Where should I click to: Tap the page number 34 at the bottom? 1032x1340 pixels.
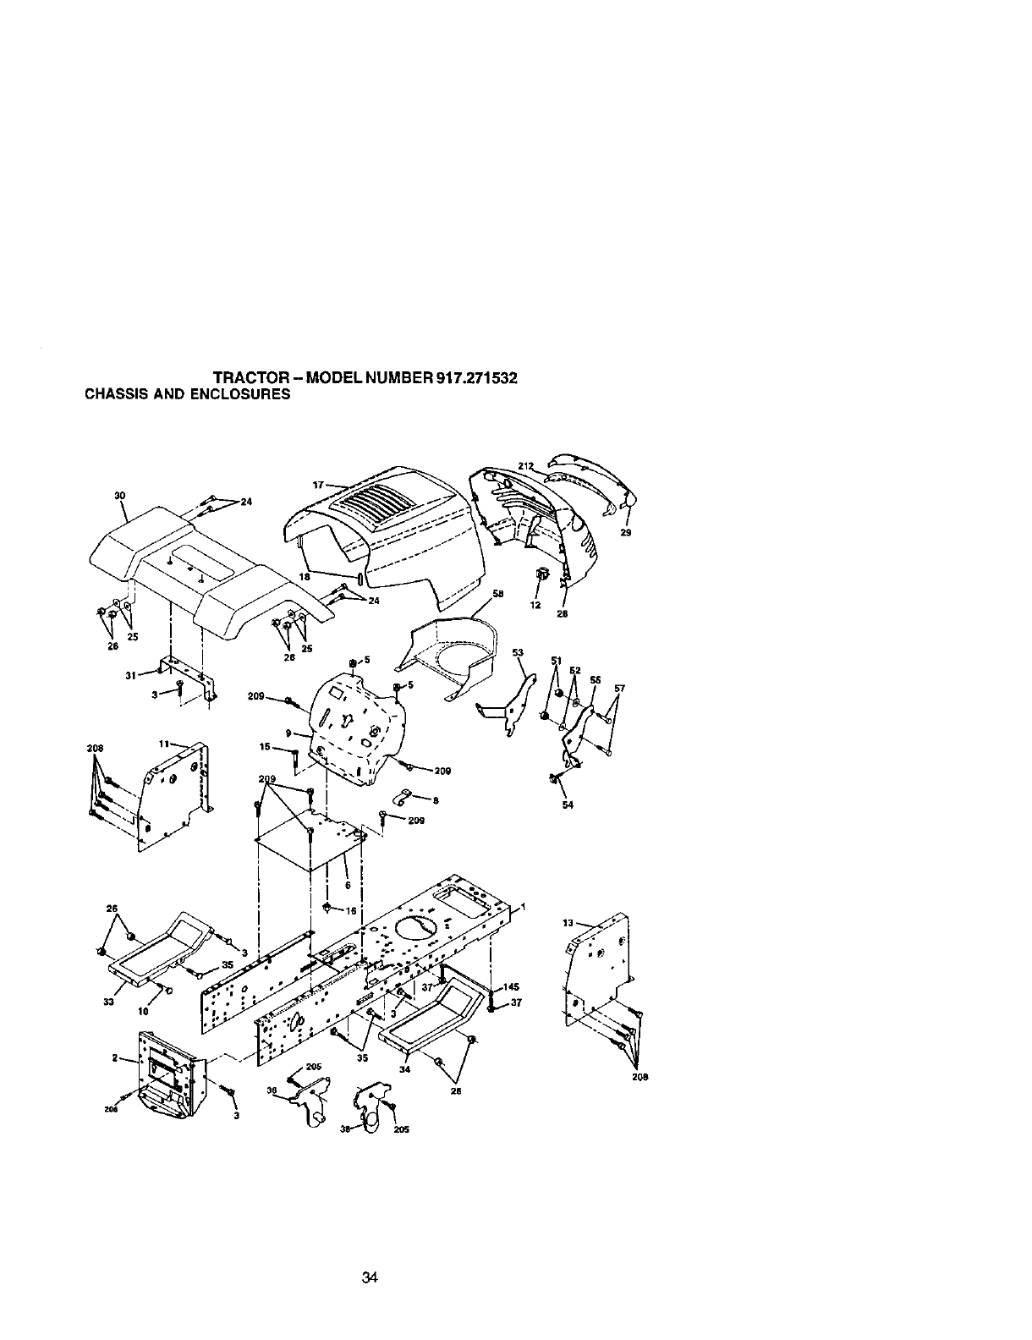point(368,1277)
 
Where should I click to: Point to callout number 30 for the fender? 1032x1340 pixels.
point(119,496)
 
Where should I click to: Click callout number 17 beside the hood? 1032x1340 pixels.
point(319,486)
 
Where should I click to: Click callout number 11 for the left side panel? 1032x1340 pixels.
point(164,743)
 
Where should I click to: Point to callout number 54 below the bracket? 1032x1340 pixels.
point(568,805)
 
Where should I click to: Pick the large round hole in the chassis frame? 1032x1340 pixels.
point(416,929)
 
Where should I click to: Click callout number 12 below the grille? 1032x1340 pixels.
point(534,605)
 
